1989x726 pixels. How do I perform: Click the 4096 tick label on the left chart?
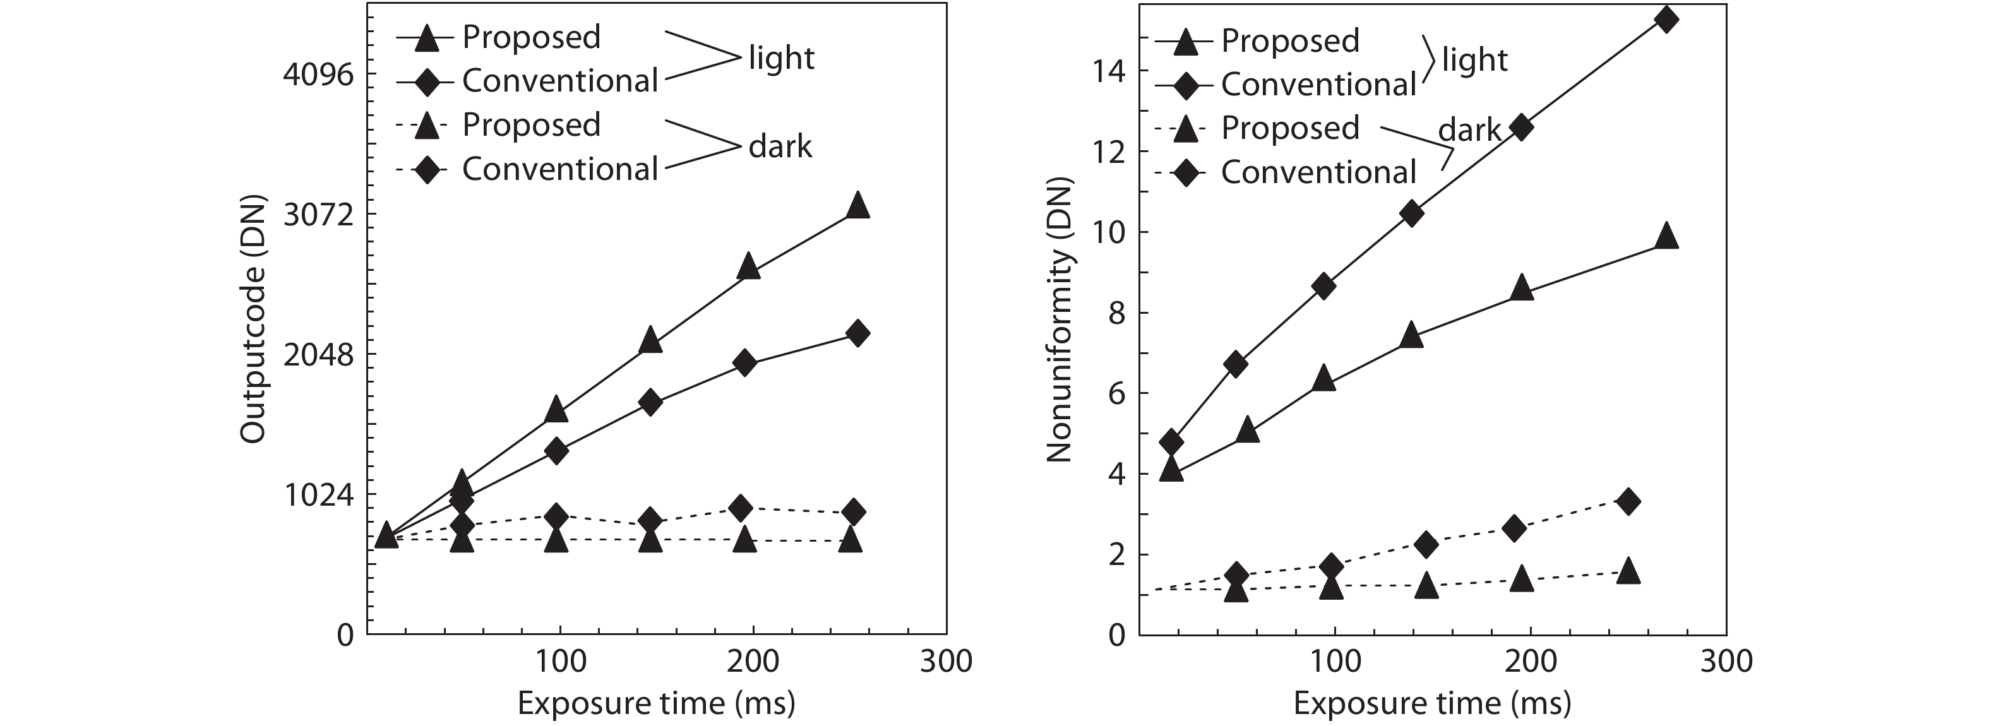pos(318,75)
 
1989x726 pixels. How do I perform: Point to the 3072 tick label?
pos(318,215)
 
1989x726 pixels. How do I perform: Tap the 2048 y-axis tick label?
pos(318,355)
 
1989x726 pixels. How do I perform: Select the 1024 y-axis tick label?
pos(318,495)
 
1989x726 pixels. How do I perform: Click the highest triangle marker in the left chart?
pos(857,205)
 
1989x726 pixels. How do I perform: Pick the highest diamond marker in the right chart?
pos(1667,20)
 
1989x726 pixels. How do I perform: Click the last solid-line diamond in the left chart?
pos(856,334)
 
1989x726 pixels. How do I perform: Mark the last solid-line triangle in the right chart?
pos(1667,236)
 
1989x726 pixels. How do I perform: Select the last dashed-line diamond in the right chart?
pos(1628,502)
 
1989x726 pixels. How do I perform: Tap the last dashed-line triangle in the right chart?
pos(1628,571)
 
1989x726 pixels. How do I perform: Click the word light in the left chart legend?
pos(780,58)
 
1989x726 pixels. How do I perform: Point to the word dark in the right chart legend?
pos(1469,131)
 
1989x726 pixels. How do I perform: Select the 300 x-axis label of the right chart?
pos(1726,662)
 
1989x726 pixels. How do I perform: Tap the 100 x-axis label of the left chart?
pos(560,662)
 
